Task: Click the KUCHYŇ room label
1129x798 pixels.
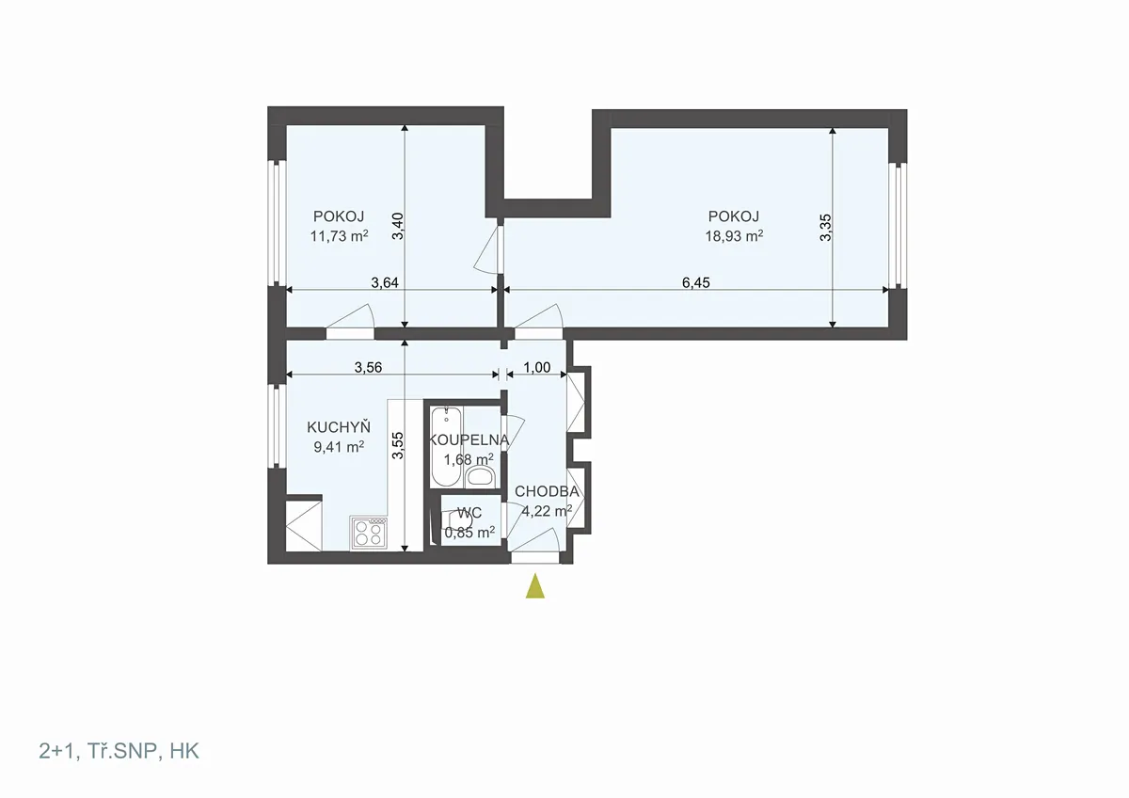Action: point(339,427)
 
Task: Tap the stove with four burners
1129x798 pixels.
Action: point(369,533)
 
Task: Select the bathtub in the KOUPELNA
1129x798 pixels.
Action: point(447,447)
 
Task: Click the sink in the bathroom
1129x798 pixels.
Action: point(480,476)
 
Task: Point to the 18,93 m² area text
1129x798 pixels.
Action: point(734,236)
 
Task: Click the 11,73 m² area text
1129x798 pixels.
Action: point(339,236)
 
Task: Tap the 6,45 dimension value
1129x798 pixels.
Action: point(695,282)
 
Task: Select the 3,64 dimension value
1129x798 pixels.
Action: point(385,282)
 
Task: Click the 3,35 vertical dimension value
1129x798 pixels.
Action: point(825,228)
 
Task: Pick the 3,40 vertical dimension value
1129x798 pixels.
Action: point(398,227)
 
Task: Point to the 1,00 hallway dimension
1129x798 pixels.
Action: point(537,368)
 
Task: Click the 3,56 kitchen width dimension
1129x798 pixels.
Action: point(368,368)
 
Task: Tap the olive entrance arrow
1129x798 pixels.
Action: point(534,585)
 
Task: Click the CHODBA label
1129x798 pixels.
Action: point(547,491)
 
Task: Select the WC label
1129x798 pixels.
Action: point(469,513)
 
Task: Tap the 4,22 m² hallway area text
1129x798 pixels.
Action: point(547,511)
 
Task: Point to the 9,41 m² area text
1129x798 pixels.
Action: point(339,447)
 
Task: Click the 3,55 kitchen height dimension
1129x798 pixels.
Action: point(398,445)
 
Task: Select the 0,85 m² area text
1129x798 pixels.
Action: point(469,533)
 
